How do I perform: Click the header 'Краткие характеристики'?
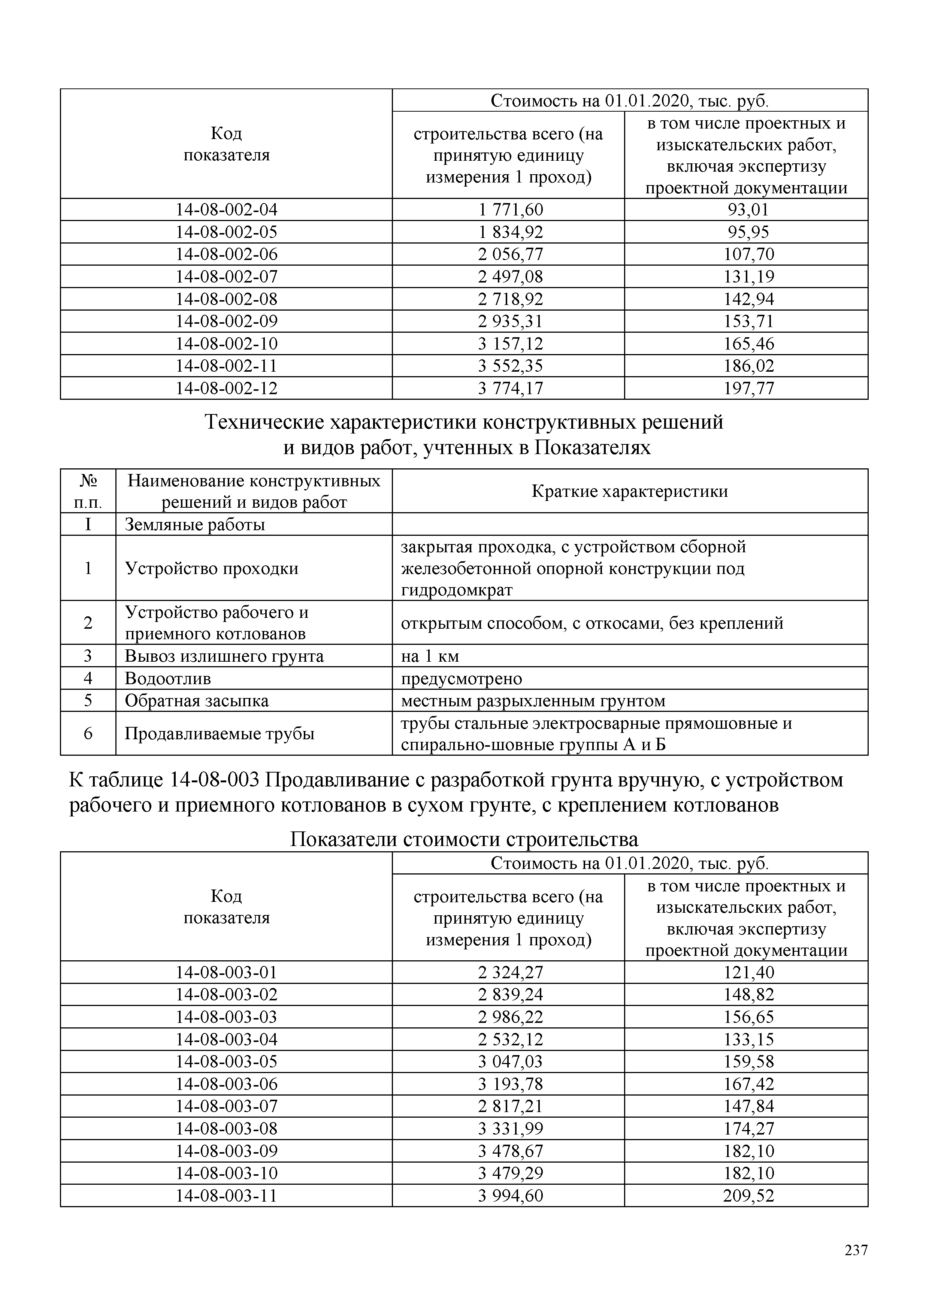629,491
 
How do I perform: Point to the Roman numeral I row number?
88,524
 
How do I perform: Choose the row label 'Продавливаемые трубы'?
219,734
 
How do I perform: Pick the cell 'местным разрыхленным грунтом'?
533,701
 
